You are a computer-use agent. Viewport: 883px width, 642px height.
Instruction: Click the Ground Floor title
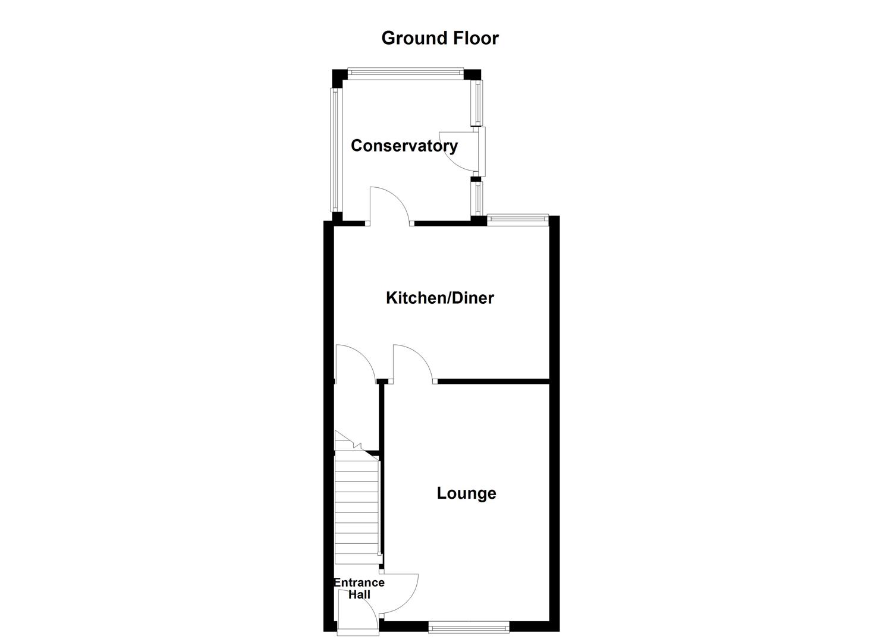[439, 38]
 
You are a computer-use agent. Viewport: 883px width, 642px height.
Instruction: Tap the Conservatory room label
[404, 146]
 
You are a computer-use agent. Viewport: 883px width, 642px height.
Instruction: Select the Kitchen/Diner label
[439, 298]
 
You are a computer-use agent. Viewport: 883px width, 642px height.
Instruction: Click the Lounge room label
[466, 493]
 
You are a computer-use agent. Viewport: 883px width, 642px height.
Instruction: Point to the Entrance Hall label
[359, 588]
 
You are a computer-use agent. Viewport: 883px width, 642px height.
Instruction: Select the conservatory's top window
[405, 73]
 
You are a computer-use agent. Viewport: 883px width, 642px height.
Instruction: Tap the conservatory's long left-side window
[335, 150]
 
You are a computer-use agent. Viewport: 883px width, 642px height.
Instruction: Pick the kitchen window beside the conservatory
[517, 219]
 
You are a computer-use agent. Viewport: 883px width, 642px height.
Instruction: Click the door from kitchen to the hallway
[354, 363]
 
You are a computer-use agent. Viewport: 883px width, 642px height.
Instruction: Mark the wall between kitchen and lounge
[493, 381]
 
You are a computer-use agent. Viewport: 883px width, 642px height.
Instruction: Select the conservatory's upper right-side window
[477, 103]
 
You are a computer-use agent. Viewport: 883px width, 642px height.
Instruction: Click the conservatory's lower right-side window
[477, 199]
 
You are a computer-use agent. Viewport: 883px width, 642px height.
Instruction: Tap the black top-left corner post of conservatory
[338, 77]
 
